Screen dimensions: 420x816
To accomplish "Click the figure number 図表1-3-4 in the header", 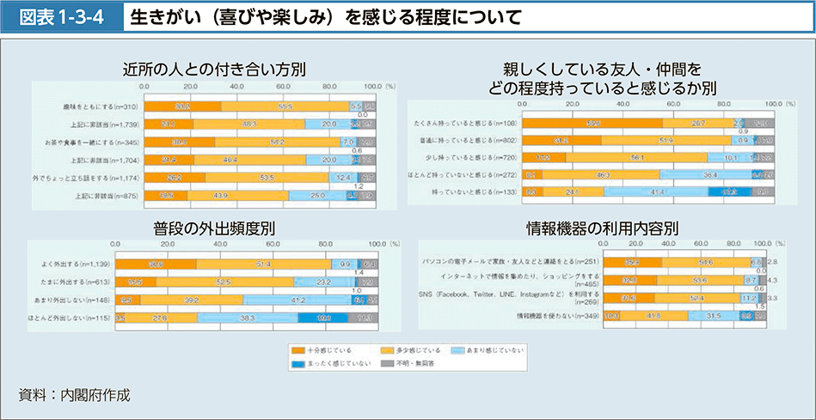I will (58, 15).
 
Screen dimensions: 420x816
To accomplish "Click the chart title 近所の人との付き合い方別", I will (214, 68).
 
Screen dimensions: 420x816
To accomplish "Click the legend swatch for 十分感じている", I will (299, 350).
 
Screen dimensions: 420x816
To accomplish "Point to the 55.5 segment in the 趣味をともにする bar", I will (285, 105).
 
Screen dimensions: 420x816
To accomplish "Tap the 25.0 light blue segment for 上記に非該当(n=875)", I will (317, 196).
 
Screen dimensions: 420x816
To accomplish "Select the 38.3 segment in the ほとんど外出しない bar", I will (248, 318).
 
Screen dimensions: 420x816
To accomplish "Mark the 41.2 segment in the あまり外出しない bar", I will (298, 300).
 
